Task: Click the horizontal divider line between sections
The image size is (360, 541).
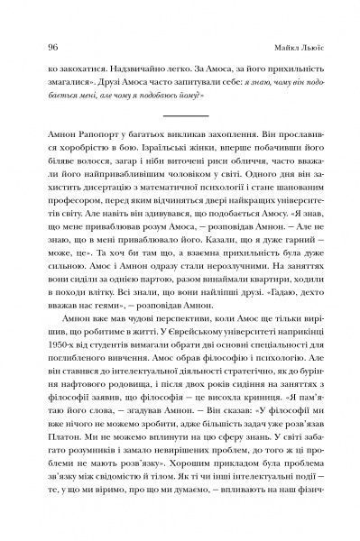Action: (x=180, y=115)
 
